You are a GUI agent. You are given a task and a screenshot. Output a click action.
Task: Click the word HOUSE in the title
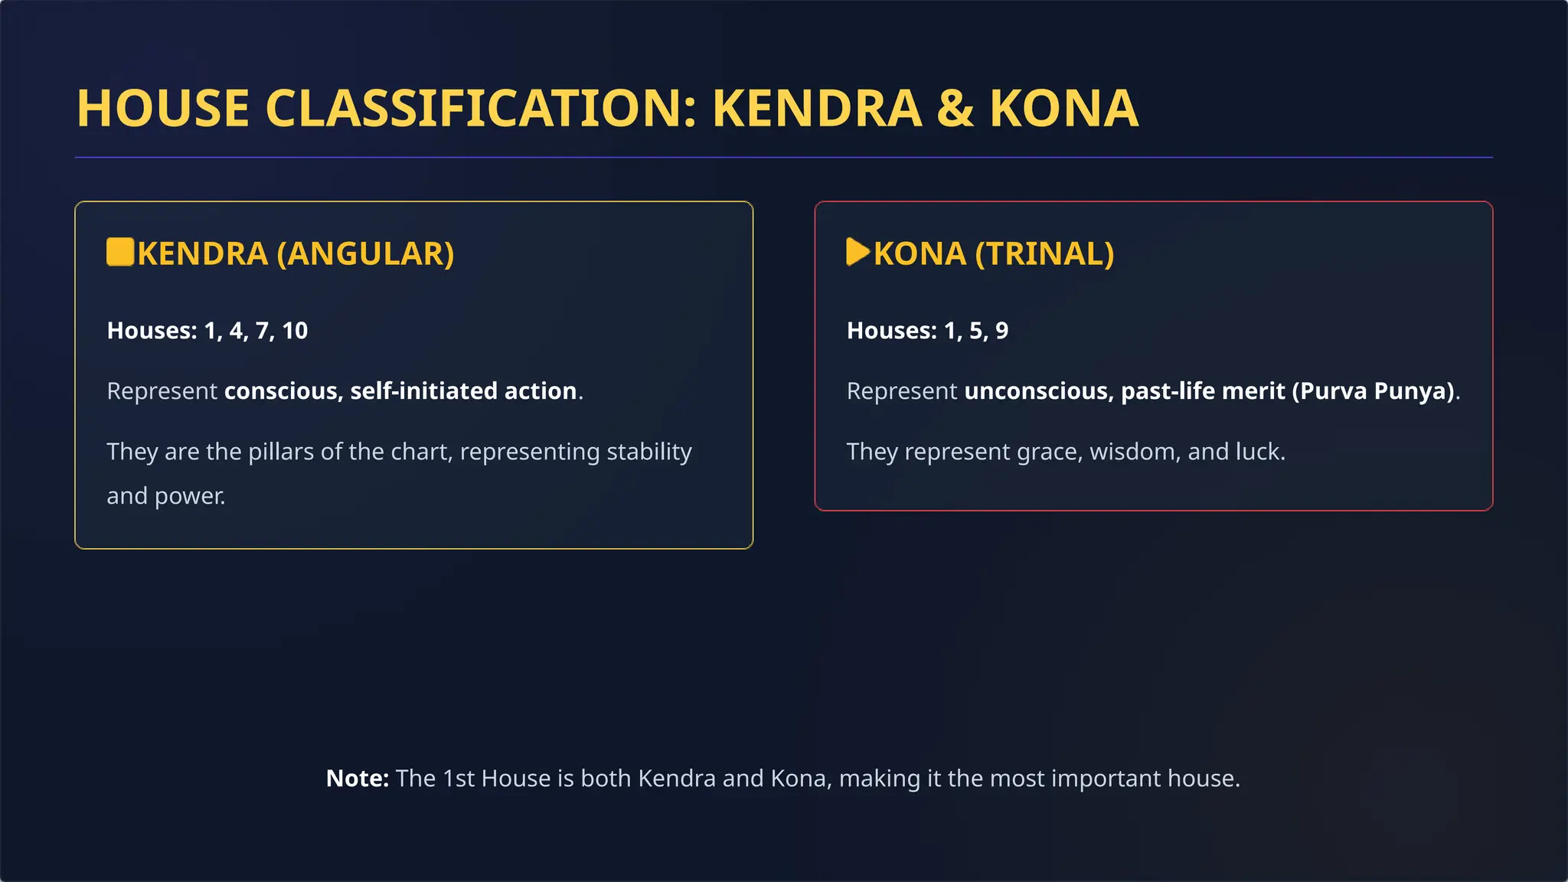click(162, 108)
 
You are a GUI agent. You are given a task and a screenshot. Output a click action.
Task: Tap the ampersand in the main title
click(955, 108)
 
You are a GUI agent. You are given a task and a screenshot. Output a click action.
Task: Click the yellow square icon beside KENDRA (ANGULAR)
click(120, 252)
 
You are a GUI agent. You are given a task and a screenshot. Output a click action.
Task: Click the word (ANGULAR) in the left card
click(365, 254)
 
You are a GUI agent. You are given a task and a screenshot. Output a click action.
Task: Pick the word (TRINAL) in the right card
click(1044, 254)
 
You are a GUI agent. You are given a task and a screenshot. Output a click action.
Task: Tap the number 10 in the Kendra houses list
click(295, 331)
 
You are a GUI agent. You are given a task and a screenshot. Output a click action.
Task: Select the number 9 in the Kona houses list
click(1001, 331)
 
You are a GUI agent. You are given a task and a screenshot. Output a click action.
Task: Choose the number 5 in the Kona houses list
click(977, 331)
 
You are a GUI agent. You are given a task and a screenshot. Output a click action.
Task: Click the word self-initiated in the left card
click(423, 391)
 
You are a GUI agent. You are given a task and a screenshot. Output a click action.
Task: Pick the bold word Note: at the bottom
click(358, 779)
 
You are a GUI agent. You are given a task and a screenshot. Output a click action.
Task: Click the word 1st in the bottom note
click(459, 779)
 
